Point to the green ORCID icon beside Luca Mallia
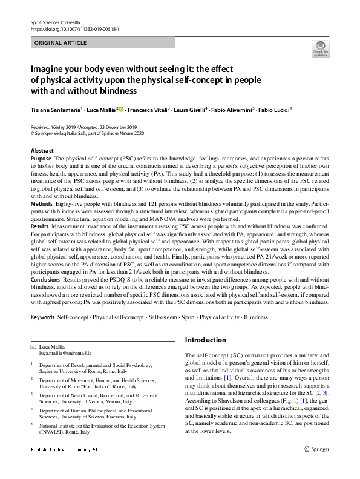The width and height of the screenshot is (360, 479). [121, 110]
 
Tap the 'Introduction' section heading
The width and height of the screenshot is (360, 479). [205, 340]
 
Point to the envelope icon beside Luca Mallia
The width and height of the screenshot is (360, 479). [33, 346]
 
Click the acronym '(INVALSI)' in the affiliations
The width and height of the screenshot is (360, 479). [54, 432]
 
